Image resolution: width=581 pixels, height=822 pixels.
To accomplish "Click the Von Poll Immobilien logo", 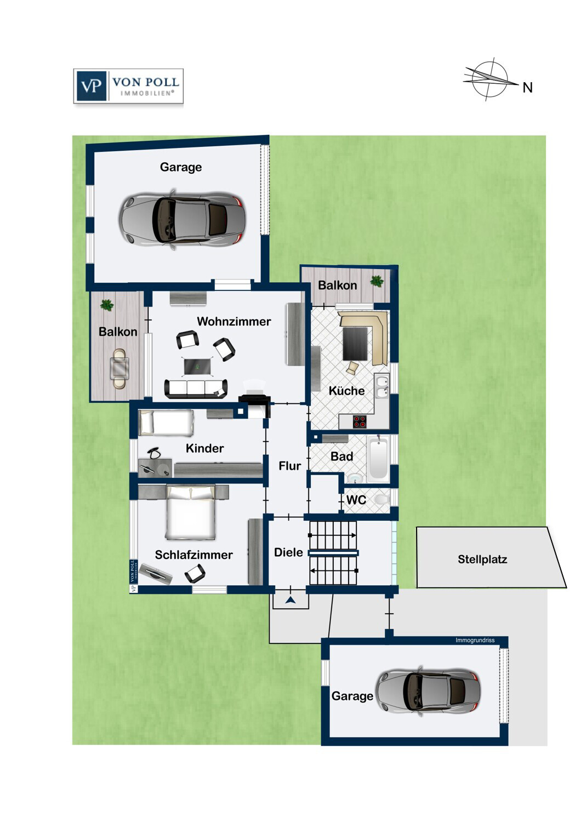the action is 128,86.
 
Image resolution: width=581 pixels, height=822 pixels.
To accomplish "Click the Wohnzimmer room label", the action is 234,322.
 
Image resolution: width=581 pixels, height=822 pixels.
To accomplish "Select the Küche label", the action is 346,390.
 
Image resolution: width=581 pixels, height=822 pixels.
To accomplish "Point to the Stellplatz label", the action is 482,560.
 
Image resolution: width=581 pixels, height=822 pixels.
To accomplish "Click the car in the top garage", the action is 182,219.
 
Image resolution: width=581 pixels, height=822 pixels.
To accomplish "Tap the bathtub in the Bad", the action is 378,458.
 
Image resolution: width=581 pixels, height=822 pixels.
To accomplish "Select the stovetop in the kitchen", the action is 360,421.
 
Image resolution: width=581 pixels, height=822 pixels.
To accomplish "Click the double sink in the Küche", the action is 381,387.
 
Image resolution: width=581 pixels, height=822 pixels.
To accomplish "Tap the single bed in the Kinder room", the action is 166,423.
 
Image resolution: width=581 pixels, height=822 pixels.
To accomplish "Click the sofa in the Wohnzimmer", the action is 196,389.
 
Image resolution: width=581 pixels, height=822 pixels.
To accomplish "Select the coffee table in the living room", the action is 197,366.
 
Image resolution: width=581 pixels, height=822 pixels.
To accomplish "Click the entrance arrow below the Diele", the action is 290,600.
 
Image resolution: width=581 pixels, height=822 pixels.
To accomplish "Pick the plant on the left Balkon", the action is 106,305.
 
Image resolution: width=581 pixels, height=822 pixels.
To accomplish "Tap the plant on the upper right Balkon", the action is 377,281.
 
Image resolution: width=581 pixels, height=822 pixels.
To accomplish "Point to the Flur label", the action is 289,466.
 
